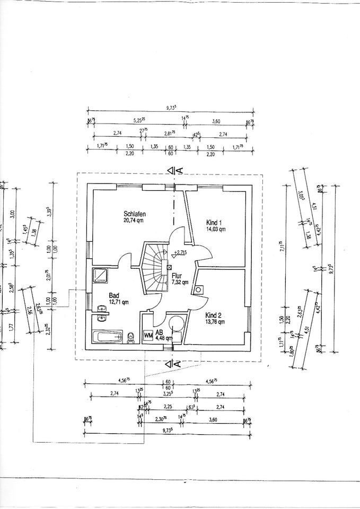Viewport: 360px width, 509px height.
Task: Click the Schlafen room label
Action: tap(134, 214)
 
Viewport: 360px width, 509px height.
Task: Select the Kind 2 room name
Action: tap(215, 314)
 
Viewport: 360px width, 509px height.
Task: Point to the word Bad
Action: tap(113, 296)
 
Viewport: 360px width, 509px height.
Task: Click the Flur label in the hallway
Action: tap(177, 276)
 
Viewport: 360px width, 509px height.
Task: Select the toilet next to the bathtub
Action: tap(130, 336)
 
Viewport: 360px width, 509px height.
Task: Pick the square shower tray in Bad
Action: tap(100, 275)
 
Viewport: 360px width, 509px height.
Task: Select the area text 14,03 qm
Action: tap(216, 230)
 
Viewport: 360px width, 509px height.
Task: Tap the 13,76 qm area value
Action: tap(216, 321)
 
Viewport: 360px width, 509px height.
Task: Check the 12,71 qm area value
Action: tap(118, 302)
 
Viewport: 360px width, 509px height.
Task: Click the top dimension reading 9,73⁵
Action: tap(171, 108)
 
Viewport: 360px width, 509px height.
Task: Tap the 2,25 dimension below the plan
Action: tap(168, 407)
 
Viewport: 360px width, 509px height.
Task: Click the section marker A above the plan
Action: tap(180, 170)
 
